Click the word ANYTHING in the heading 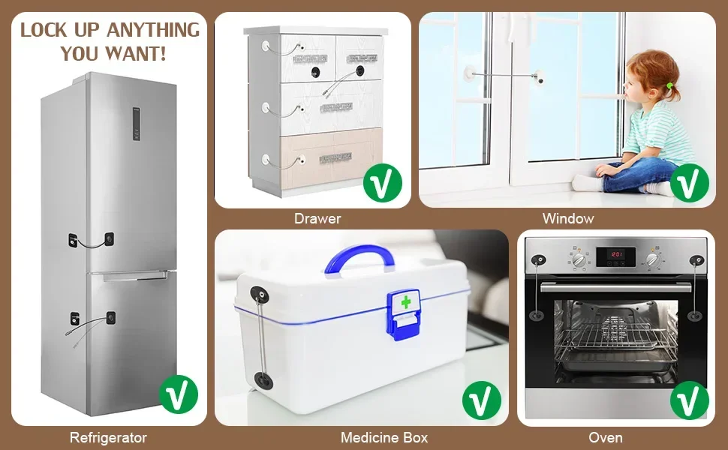pos(153,30)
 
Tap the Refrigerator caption pos(108,437)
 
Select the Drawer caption pos(317,218)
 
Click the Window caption pos(568,218)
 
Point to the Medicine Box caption pos(384,437)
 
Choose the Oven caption pos(606,437)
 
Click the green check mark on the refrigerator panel pos(179,394)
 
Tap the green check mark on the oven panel pos(689,400)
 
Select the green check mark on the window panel pos(689,182)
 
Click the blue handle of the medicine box pos(359,256)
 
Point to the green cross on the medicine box pos(406,302)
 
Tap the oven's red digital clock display pos(615,255)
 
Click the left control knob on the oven pos(579,259)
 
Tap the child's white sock pos(586,183)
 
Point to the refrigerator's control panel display pos(137,124)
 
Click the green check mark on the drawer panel pos(383,182)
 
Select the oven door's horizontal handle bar pos(615,287)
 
